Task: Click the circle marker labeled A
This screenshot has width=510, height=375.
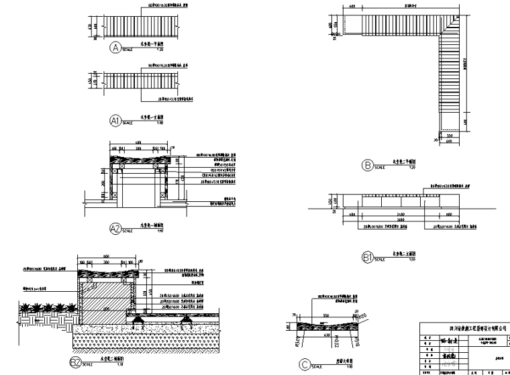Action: [x=115, y=48]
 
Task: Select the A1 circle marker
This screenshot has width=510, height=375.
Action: [x=115, y=121]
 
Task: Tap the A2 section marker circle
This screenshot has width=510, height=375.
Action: [x=115, y=228]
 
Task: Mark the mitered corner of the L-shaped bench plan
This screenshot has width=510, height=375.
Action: [x=450, y=23]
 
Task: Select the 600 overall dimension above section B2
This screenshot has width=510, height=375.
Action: [x=106, y=256]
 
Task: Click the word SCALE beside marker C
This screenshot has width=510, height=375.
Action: [x=320, y=368]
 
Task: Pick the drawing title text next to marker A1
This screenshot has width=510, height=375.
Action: [x=152, y=117]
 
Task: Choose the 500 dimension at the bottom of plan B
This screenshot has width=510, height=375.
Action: [x=449, y=134]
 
